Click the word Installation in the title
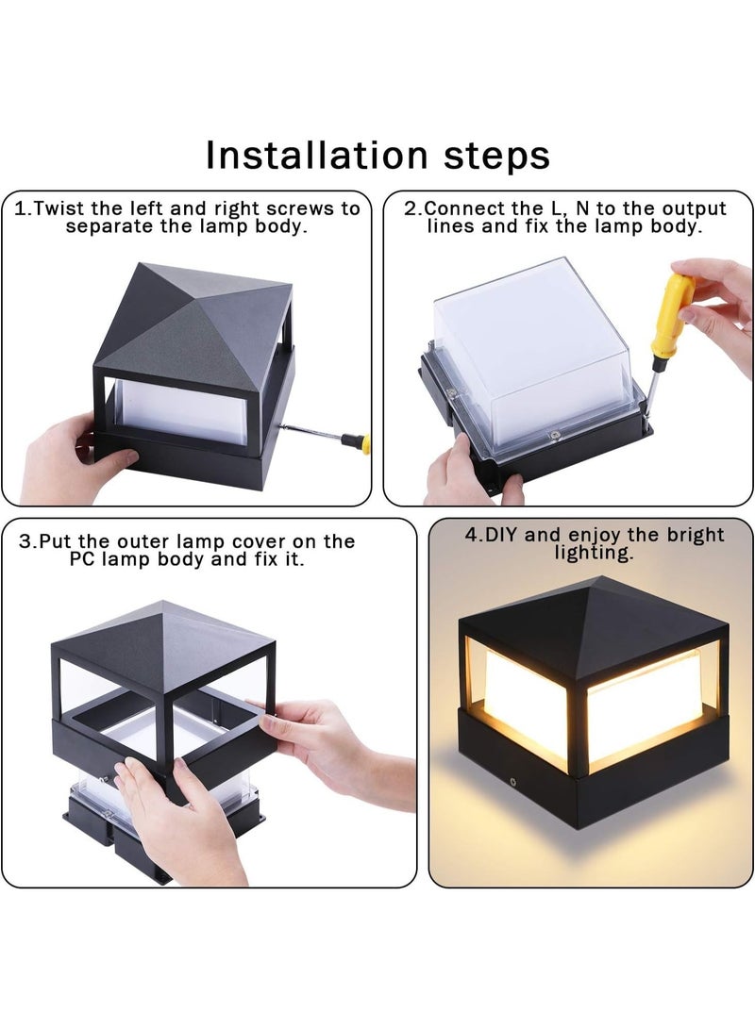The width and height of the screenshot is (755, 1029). pos(316,156)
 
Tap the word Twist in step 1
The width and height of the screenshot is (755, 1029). pos(59,208)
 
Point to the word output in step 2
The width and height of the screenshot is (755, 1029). pos(694,209)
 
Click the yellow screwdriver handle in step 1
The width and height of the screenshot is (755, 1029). pos(357,443)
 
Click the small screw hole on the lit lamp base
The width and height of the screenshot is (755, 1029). pos(512,782)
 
